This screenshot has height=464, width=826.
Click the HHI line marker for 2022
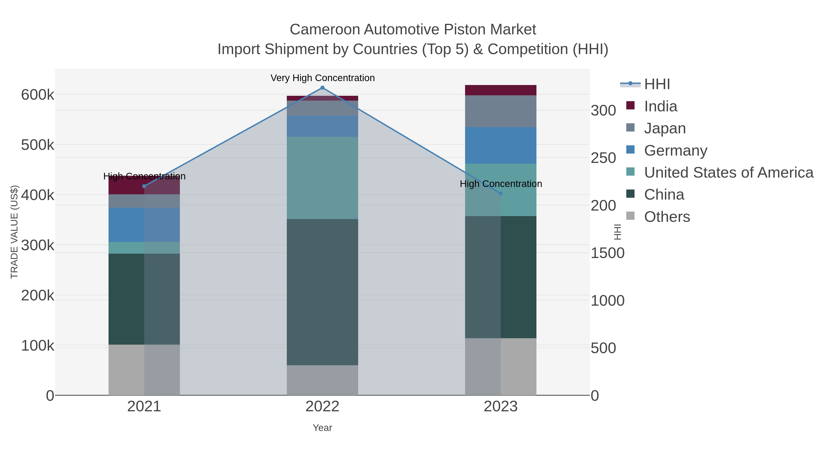322,88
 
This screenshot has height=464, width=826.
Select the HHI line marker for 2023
501,193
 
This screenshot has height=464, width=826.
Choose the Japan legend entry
664,128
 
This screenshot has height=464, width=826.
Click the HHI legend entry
657,84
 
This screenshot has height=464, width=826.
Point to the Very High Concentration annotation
322,78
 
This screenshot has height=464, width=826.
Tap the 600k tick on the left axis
38,95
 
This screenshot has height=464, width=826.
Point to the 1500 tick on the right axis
607,253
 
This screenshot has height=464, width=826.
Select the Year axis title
322,428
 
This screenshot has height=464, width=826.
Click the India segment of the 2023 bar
501,90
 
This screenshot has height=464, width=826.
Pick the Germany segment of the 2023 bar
501,145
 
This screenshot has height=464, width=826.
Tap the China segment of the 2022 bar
322,292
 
